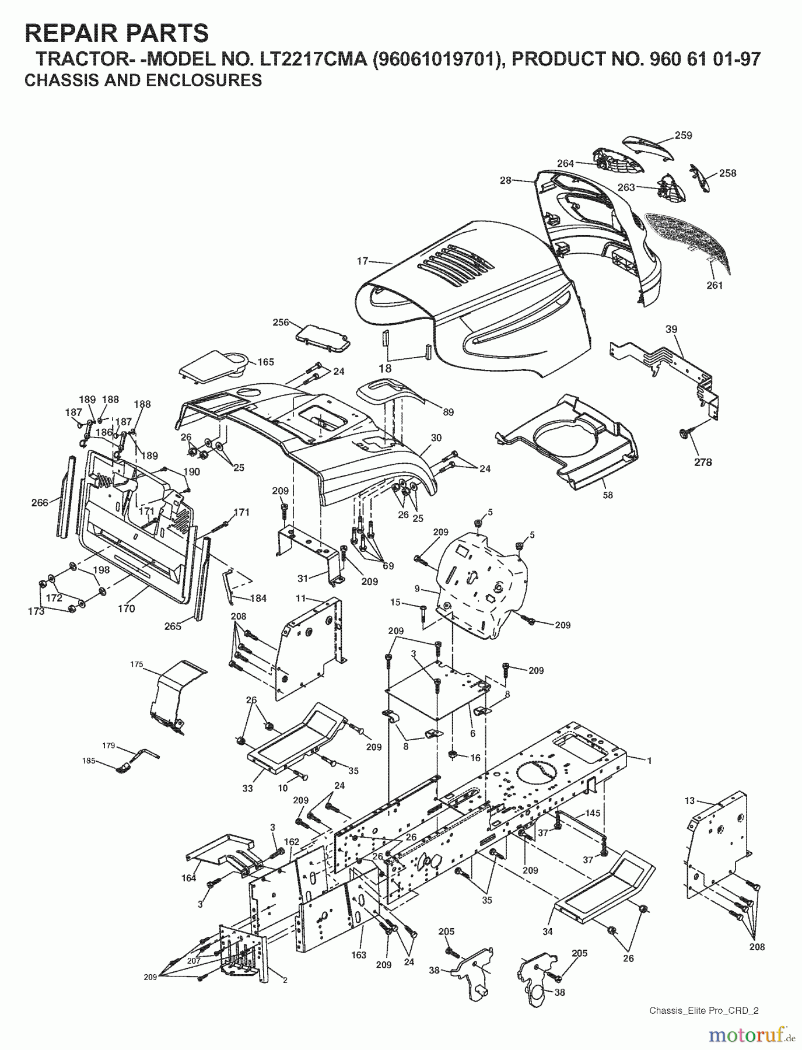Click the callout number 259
pyautogui.click(x=683, y=135)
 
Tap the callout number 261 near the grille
pyautogui.click(x=714, y=285)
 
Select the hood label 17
pyautogui.click(x=362, y=262)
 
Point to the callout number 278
pyautogui.click(x=703, y=463)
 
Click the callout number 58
pyautogui.click(x=608, y=495)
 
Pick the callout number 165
pyautogui.click(x=265, y=362)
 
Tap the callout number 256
pyautogui.click(x=281, y=322)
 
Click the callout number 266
pyautogui.click(x=40, y=503)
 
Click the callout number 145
pyautogui.click(x=593, y=813)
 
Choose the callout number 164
pyautogui.click(x=188, y=878)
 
